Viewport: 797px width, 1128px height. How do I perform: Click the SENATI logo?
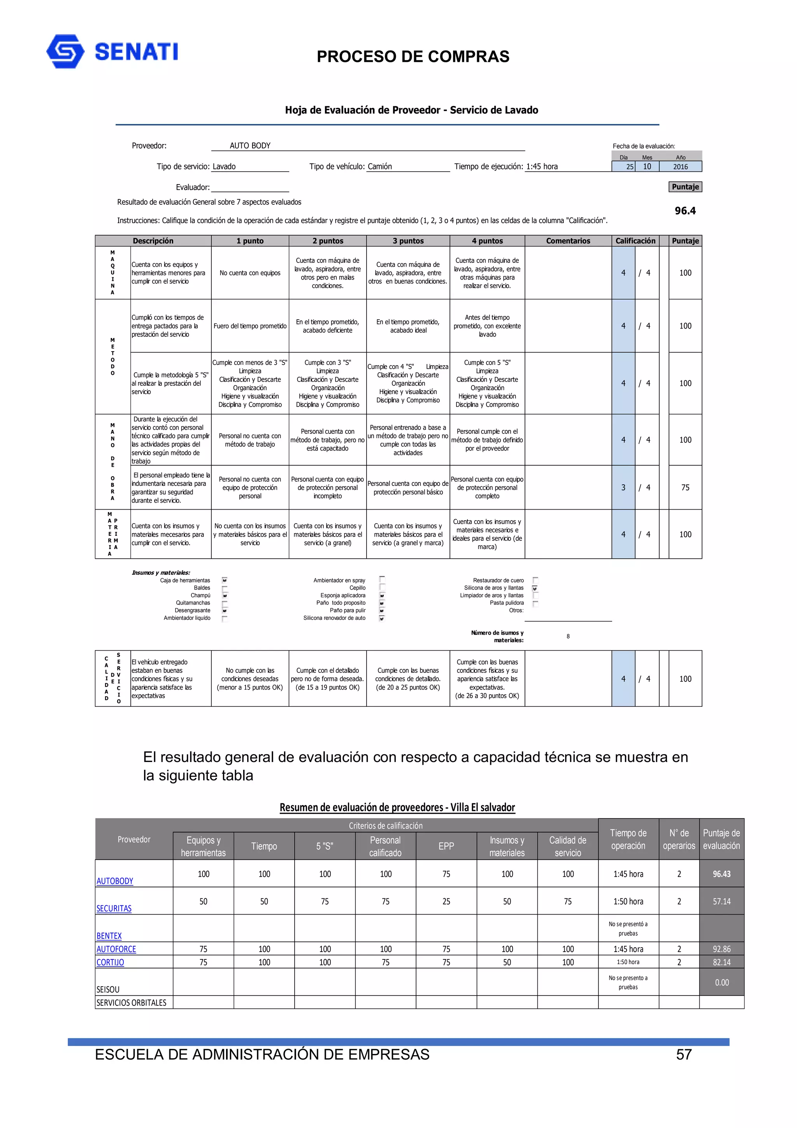click(112, 51)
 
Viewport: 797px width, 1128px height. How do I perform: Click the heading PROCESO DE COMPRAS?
click(413, 56)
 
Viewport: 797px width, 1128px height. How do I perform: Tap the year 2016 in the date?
click(680, 167)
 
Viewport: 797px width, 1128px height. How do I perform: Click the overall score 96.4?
click(685, 211)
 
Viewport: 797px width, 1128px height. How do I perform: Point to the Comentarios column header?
click(568, 241)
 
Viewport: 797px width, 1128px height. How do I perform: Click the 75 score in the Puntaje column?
click(685, 487)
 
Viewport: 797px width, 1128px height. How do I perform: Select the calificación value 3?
click(623, 487)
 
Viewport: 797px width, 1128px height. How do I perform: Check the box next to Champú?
click(225, 595)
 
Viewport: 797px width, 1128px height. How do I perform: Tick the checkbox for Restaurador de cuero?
click(535, 580)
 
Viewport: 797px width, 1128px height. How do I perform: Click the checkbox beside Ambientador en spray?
click(382, 580)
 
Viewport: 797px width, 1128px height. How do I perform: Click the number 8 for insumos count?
click(568, 636)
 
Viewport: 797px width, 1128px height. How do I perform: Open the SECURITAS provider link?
click(114, 908)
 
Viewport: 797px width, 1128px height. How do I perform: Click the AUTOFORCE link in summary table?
click(116, 949)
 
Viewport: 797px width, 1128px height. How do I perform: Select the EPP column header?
click(446, 846)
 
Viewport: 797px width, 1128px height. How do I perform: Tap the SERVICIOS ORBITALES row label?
click(131, 1003)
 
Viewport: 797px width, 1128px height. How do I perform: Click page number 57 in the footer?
click(684, 1054)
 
